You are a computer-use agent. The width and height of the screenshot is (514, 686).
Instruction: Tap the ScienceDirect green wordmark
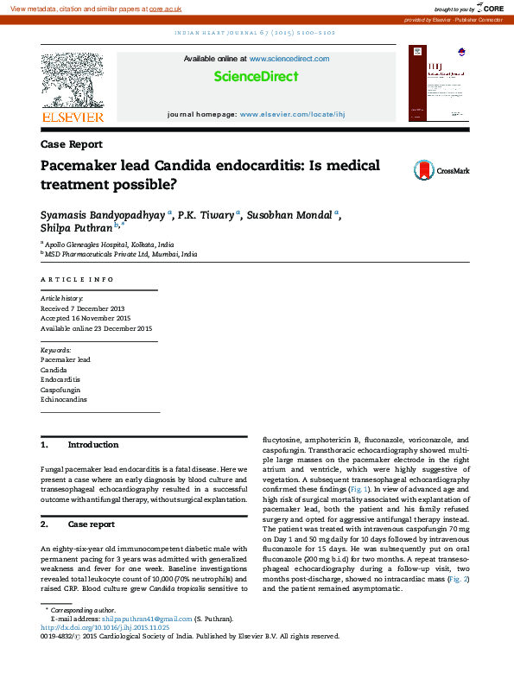257,76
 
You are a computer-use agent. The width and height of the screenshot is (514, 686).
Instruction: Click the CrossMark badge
441,170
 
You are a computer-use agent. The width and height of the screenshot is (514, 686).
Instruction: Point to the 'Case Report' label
71,144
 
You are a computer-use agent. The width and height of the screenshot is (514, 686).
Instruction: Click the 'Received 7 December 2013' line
83,308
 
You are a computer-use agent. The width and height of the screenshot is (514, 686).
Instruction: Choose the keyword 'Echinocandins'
64,400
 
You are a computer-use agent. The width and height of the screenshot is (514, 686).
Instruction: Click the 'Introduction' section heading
92,445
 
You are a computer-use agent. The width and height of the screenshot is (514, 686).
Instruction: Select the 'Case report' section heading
91,524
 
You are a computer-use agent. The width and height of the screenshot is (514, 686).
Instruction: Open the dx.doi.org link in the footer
105,627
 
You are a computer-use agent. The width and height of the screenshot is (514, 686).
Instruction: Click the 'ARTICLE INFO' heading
77,280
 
